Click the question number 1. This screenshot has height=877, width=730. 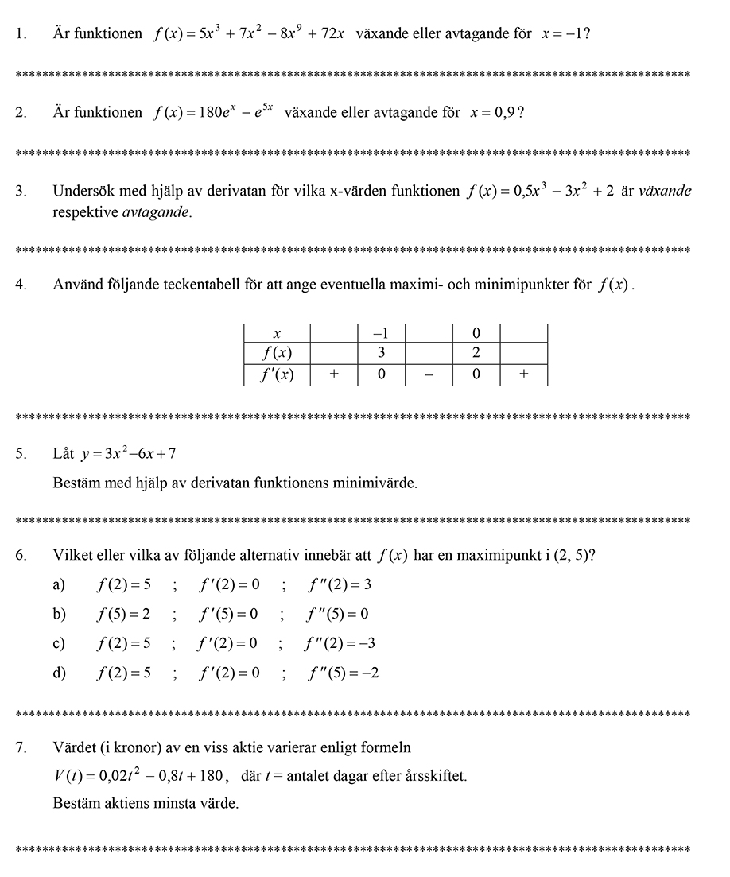point(21,35)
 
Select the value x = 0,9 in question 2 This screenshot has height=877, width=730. point(492,113)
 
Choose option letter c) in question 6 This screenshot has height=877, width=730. point(59,644)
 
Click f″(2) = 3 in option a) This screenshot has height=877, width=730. point(340,586)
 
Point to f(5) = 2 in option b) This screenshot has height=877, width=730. point(123,615)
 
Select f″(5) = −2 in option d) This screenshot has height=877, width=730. point(343,673)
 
